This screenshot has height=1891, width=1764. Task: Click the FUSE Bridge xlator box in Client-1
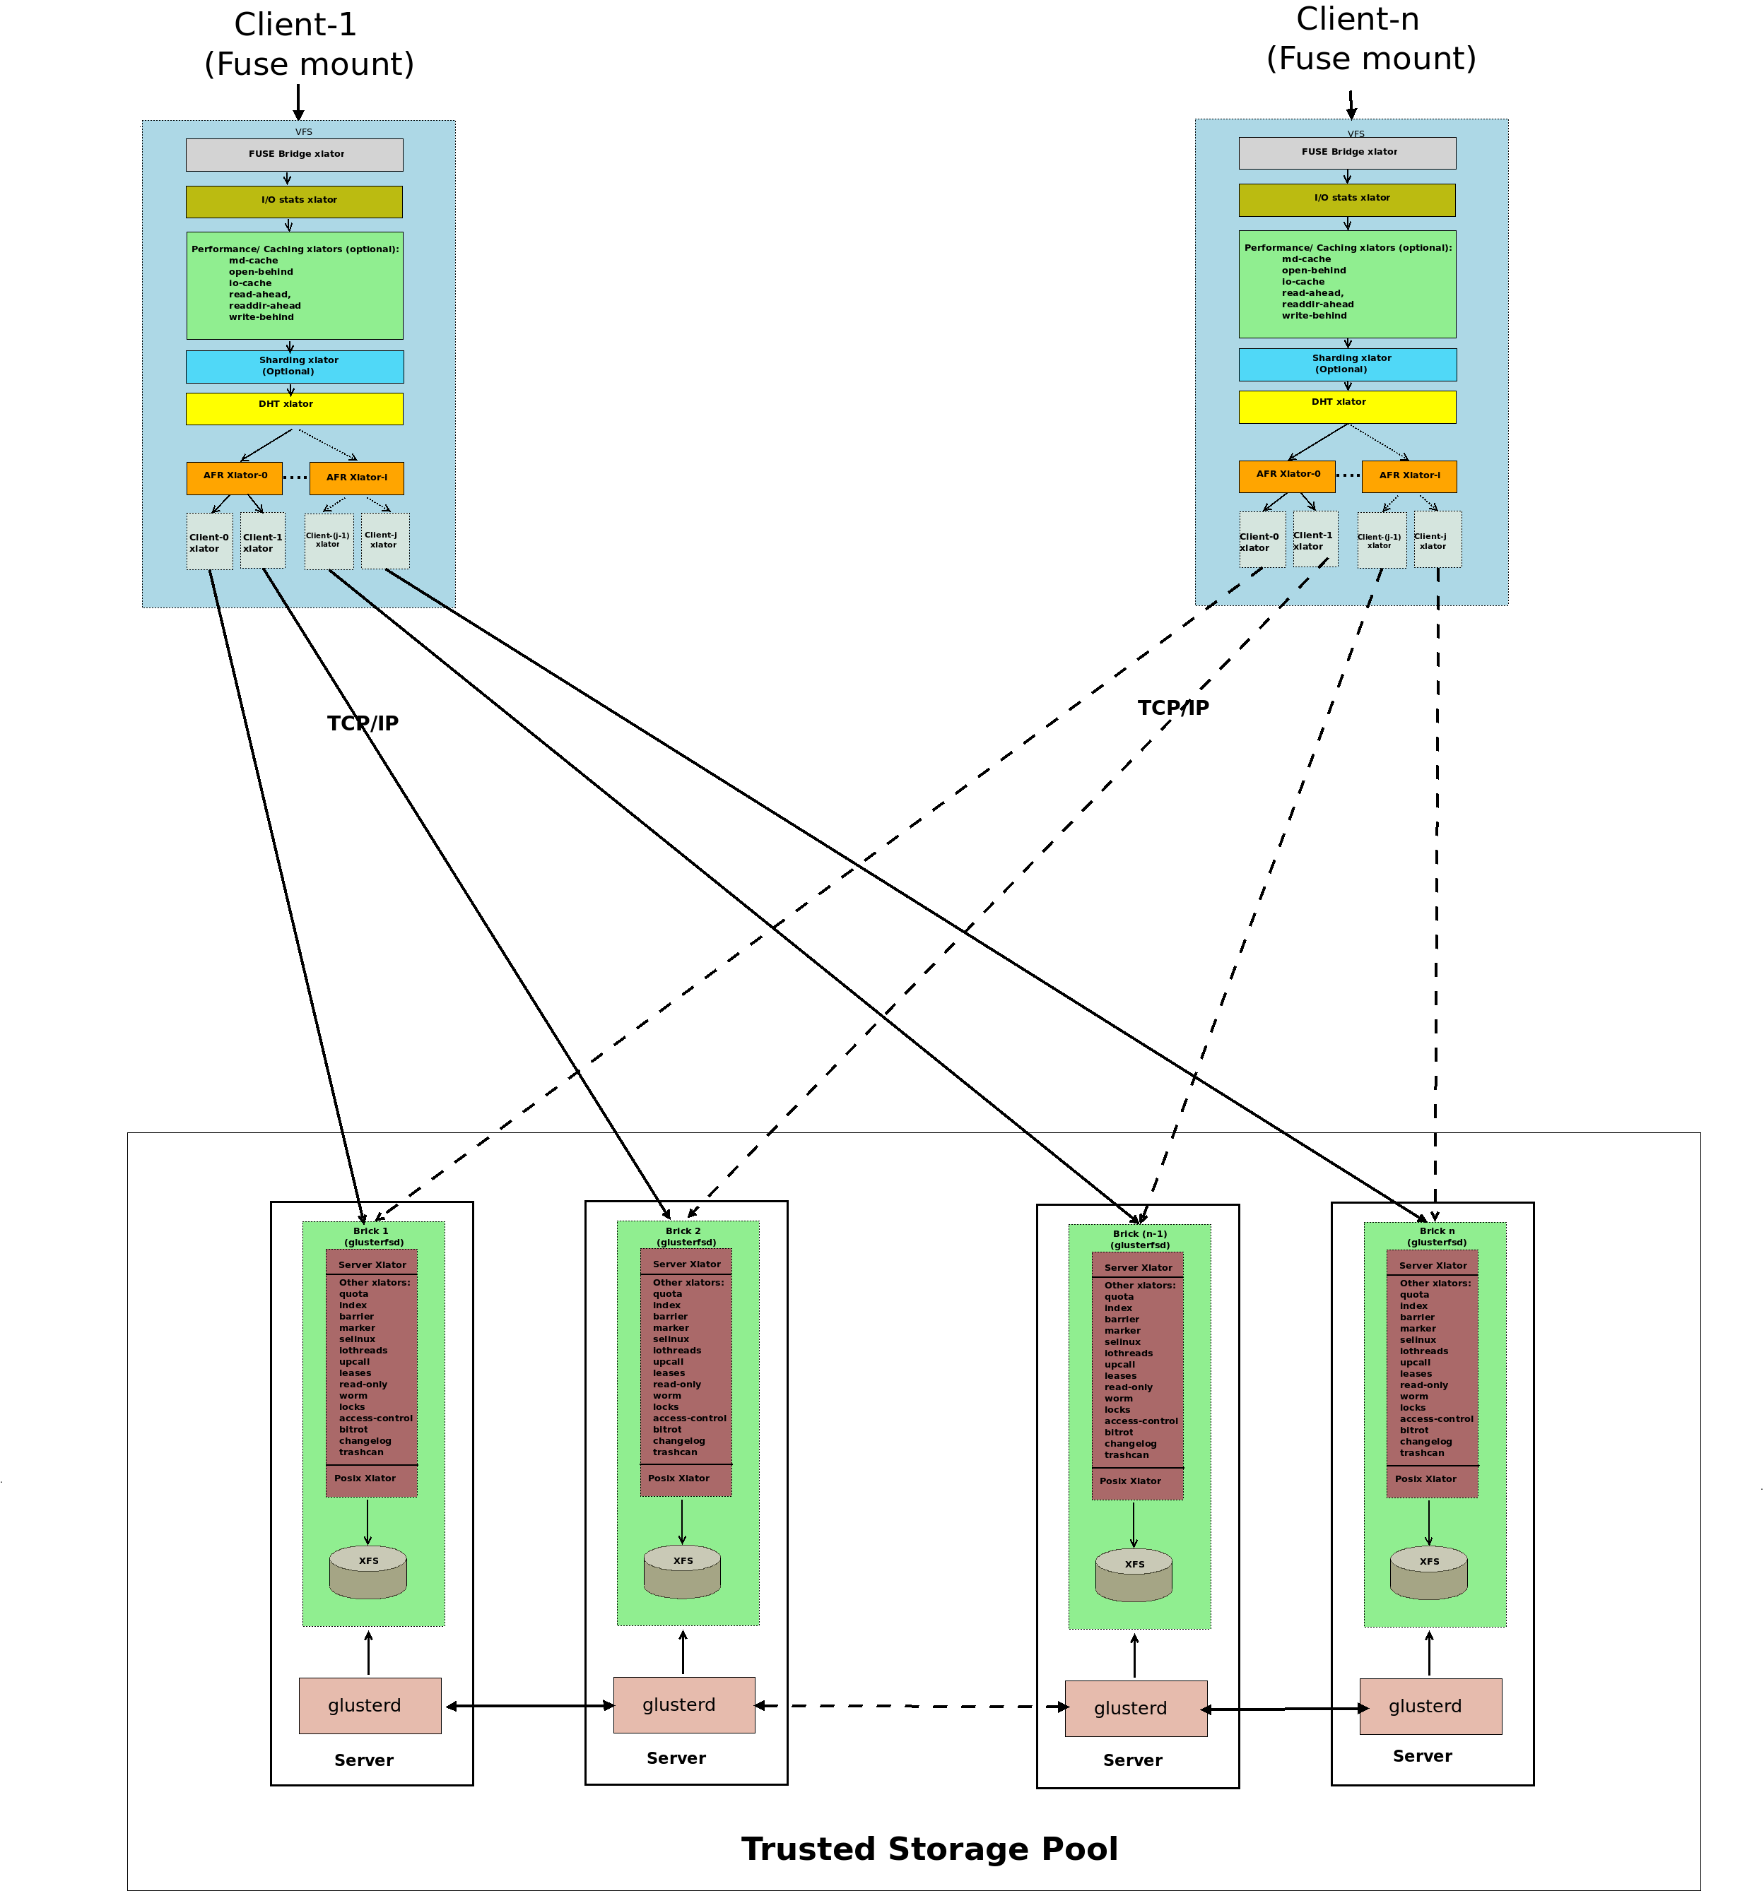click(294, 154)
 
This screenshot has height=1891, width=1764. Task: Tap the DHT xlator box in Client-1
click(294, 408)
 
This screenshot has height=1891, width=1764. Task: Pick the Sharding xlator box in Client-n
click(1346, 364)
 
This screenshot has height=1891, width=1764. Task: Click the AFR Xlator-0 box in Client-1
click(234, 478)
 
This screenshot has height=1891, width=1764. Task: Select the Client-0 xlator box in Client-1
click(209, 541)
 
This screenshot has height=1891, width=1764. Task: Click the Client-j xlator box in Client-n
click(1437, 540)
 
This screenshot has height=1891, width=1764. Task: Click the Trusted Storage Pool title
click(929, 1847)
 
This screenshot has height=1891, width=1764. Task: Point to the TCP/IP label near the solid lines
click(363, 723)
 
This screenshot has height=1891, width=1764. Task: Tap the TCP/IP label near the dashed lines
click(1172, 708)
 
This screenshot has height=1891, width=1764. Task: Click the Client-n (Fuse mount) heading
click(1370, 39)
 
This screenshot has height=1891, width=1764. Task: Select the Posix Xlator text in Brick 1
click(365, 1478)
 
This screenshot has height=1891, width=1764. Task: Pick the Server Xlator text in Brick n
click(1432, 1265)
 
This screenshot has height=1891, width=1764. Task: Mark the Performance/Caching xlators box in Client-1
click(294, 285)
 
